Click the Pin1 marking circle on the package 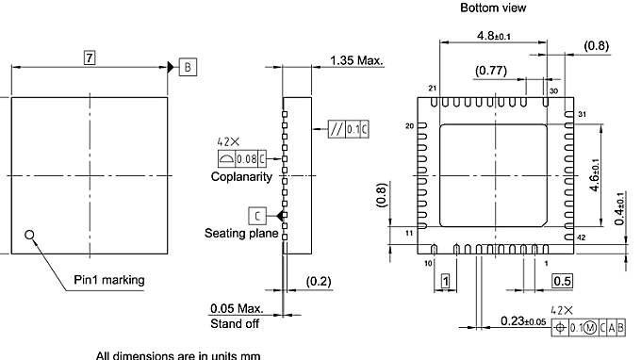pos(29,235)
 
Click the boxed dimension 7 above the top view pos(90,57)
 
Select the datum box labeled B pos(188,68)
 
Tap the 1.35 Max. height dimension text pos(356,61)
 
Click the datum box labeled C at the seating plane pos(257,216)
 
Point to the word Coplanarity pos(241,177)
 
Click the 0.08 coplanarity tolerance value pos(247,159)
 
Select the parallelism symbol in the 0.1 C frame pos(337,129)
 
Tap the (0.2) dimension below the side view pos(319,281)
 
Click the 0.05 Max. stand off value pos(237,308)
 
